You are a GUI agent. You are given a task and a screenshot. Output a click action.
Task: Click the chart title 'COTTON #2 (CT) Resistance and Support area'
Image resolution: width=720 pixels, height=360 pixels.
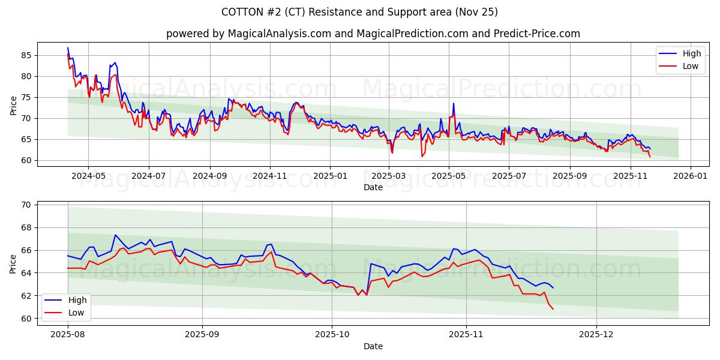tap(359, 12)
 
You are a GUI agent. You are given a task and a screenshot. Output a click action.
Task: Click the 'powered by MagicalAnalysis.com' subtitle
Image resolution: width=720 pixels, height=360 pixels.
tap(373, 34)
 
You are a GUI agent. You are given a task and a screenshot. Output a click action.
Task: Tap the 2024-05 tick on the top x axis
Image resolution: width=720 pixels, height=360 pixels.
tap(88, 176)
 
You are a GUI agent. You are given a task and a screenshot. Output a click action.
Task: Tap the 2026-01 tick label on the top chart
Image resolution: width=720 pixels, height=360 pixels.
tap(691, 176)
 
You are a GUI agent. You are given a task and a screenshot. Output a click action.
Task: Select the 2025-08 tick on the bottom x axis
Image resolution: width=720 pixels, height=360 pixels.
tap(68, 335)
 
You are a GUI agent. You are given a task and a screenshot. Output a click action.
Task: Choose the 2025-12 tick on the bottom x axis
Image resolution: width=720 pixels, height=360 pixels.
tap(596, 335)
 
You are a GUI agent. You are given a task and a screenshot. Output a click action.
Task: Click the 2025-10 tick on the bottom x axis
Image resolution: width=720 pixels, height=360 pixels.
tap(332, 335)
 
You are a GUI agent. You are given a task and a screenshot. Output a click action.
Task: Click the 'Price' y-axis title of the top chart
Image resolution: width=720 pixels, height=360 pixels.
tap(13, 105)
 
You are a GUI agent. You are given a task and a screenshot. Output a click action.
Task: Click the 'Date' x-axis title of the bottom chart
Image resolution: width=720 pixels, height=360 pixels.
tap(373, 346)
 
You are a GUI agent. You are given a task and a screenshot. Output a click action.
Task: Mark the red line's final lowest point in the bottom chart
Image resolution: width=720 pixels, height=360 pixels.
tap(553, 308)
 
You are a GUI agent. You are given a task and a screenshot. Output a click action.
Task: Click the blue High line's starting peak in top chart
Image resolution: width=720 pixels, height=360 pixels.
tap(68, 47)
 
